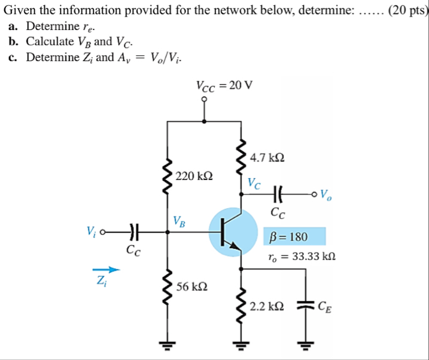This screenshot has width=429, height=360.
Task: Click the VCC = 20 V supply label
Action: pos(224,85)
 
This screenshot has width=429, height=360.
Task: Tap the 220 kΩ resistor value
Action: pos(193,176)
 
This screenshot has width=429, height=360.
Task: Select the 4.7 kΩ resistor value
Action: pos(268,158)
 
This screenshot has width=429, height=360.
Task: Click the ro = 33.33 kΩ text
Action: pos(302,257)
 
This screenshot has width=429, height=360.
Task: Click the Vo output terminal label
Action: pos(328,194)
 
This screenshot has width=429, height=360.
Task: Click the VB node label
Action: pos(179,221)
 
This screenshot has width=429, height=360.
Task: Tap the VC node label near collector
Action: pos(254,183)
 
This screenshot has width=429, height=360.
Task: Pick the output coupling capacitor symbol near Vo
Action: pos(278,194)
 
